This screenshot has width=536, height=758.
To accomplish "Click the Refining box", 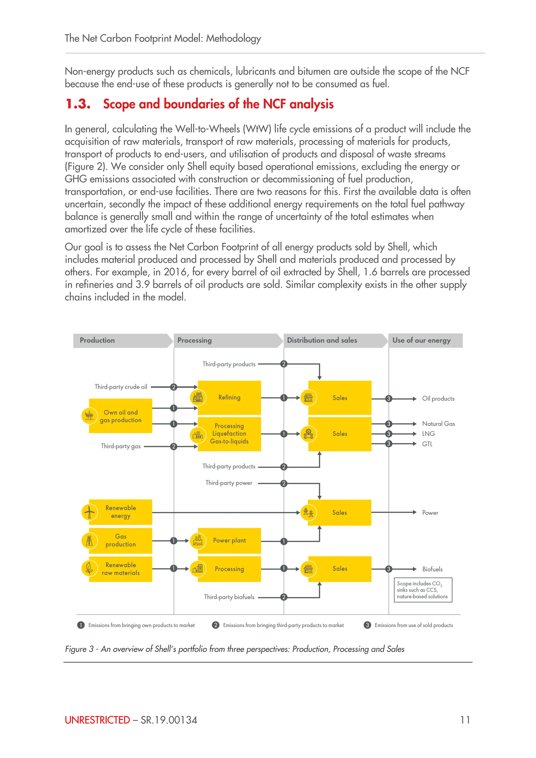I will [x=229, y=398].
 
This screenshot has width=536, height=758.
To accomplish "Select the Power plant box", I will [x=229, y=540].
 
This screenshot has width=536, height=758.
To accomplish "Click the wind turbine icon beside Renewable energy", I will [x=89, y=512].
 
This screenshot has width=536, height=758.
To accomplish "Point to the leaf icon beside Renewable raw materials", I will [x=89, y=568].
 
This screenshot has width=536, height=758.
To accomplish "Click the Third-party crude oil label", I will [x=121, y=387].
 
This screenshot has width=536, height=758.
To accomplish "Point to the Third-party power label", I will [x=229, y=483].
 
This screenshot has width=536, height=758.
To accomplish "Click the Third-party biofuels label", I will [x=229, y=597].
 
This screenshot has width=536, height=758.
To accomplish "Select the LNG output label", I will [x=428, y=434].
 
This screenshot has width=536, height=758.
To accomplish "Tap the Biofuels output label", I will [x=432, y=569].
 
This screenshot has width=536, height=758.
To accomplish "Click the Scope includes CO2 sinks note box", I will [x=423, y=590].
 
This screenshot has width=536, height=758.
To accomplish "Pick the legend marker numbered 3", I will [x=367, y=625].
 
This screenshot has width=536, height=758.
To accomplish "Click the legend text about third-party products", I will [x=283, y=625].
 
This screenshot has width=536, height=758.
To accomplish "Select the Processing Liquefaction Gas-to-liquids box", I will [x=229, y=434].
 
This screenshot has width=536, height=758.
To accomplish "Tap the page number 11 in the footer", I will [x=465, y=720].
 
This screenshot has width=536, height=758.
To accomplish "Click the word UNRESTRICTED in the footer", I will [x=97, y=720].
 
